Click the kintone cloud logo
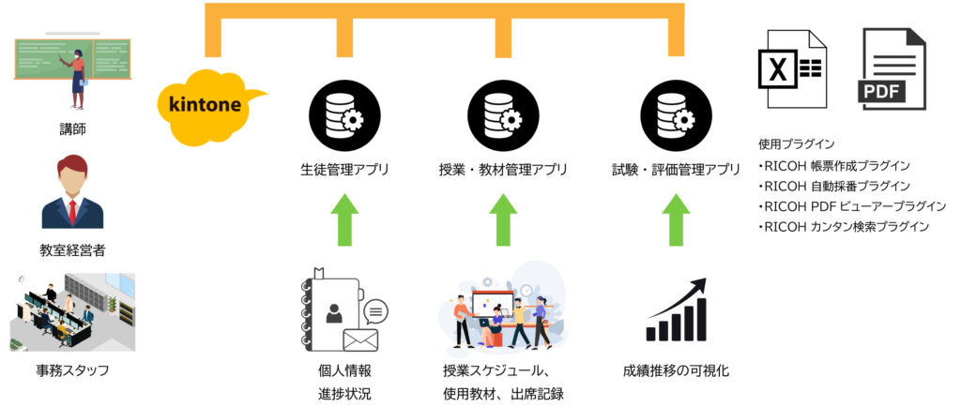(x=206, y=103)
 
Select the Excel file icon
(x=792, y=68)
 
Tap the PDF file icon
(x=892, y=68)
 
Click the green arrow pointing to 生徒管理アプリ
(x=344, y=219)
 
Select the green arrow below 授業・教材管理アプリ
(x=503, y=219)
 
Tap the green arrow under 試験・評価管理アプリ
(x=676, y=219)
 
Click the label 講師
(x=72, y=129)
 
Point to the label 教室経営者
(x=72, y=250)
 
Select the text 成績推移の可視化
(x=676, y=370)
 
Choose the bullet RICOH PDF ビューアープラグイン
(x=852, y=205)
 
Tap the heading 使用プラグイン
(x=796, y=144)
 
